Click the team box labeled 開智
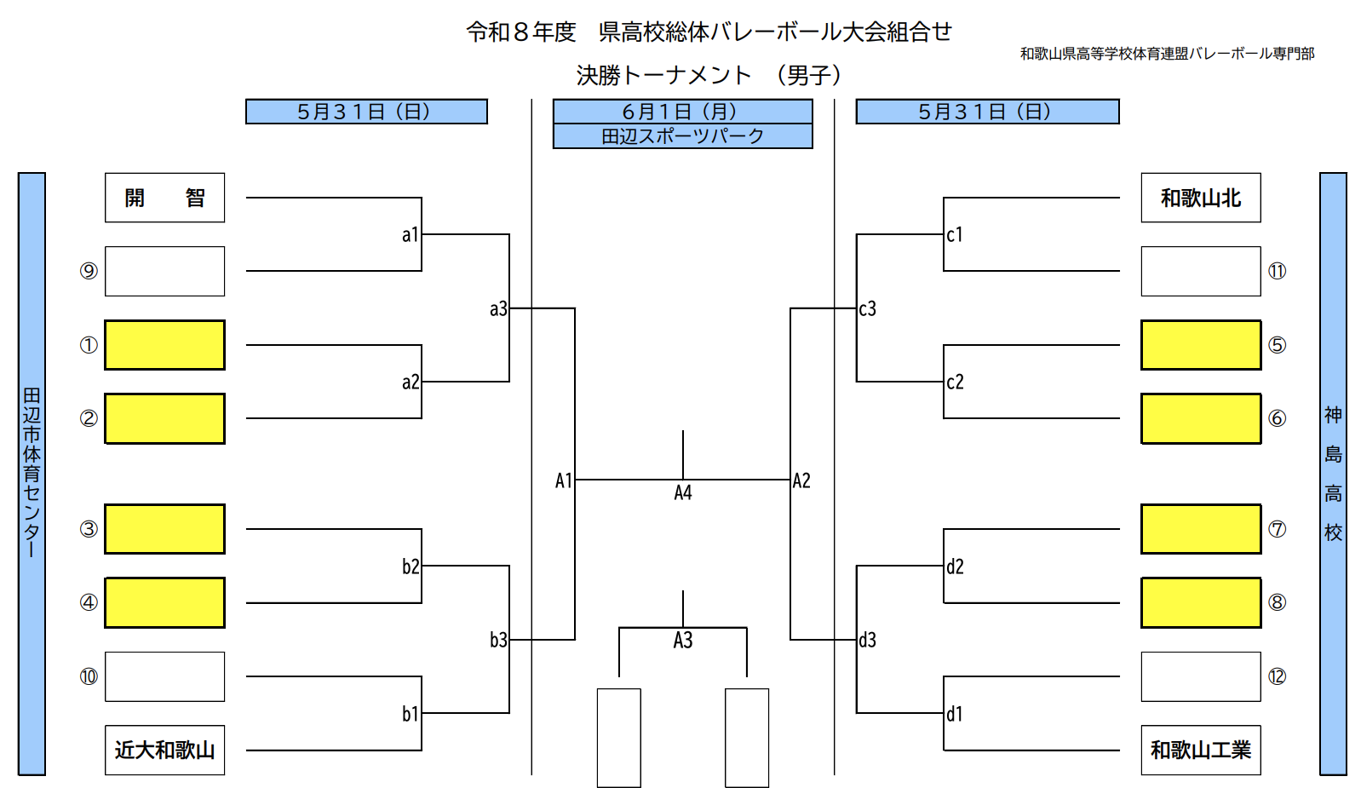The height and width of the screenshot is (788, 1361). click(164, 198)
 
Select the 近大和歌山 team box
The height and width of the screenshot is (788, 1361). click(164, 750)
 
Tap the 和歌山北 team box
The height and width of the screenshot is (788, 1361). click(1201, 198)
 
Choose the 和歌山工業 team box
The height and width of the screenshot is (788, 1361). click(1201, 750)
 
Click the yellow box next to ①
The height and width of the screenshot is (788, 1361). click(164, 345)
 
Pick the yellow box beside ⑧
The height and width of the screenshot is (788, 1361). click(1201, 602)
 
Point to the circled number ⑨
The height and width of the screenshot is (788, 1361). click(89, 271)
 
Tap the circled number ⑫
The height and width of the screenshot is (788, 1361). click(1277, 676)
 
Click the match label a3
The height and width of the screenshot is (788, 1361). click(498, 309)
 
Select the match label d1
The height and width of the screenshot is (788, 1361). click(955, 714)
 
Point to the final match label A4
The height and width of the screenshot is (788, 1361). click(683, 492)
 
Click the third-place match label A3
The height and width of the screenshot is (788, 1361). click(683, 641)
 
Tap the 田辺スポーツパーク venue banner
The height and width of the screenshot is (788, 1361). click(682, 136)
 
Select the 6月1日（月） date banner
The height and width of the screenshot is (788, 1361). click(682, 112)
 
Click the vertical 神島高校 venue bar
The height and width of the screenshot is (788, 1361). click(1333, 474)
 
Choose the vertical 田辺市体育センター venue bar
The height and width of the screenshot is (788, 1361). click(32, 474)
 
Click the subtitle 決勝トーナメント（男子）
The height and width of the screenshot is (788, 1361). click(709, 75)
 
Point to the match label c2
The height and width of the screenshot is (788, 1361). click(955, 382)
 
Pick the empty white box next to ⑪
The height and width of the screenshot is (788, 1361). click(1201, 271)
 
